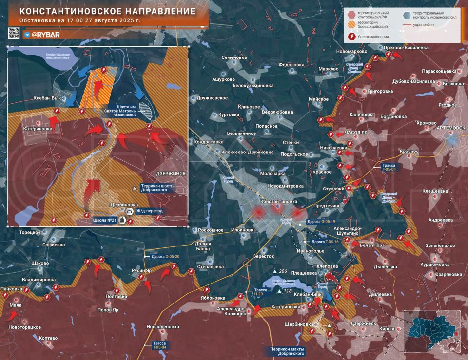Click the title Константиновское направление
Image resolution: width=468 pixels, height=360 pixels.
pos(108,11)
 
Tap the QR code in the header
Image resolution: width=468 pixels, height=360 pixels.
pos(14,34)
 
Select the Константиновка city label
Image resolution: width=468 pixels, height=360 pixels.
pos(279,201)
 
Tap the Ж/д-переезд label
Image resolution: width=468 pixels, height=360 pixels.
pos(149,211)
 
